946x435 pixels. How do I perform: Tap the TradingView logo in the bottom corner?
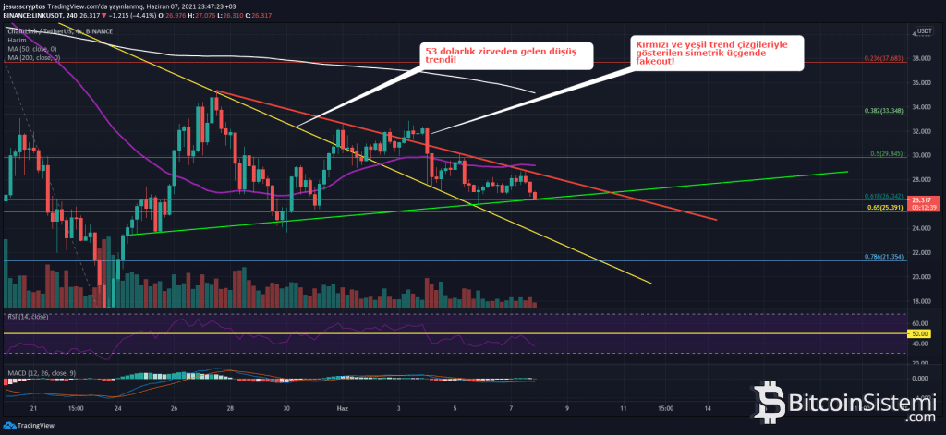coord(28,425)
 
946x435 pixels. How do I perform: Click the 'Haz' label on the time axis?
coord(342,407)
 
